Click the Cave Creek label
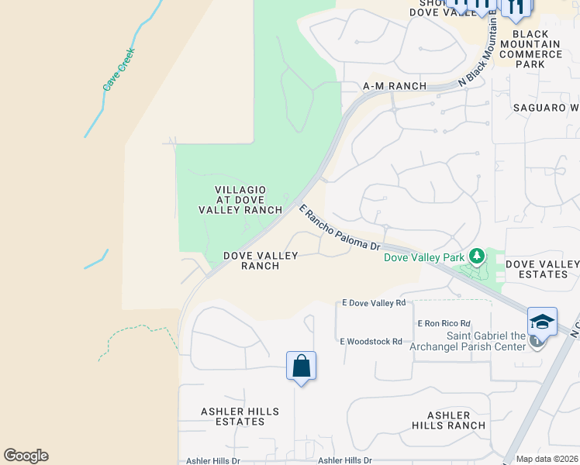click(119, 70)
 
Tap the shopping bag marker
click(301, 366)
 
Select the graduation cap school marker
click(542, 322)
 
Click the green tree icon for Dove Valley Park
click(477, 256)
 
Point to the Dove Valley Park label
click(424, 257)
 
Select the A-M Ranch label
click(395, 86)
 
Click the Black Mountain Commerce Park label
click(534, 49)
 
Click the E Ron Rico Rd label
click(444, 323)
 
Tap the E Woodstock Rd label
click(371, 341)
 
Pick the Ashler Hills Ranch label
click(449, 420)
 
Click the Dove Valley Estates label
click(542, 269)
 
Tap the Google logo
click(26, 456)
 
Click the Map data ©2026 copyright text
click(547, 459)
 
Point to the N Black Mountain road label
click(477, 54)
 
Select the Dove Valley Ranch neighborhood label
click(250, 260)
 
